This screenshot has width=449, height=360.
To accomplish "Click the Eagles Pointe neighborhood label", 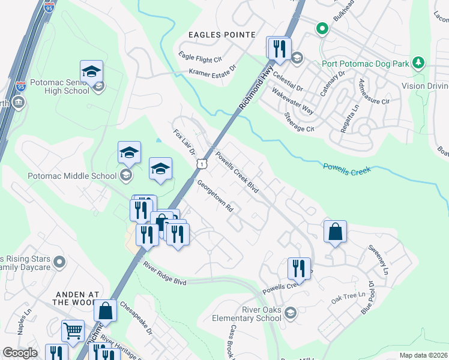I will (x=222, y=35).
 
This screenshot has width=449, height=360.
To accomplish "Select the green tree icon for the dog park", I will (x=419, y=63).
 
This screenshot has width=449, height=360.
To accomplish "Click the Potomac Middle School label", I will (x=71, y=176).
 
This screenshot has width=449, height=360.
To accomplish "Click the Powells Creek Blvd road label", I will (x=237, y=172).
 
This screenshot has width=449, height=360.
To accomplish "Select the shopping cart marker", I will (x=73, y=331).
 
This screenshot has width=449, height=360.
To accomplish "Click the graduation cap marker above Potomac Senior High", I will (x=91, y=71).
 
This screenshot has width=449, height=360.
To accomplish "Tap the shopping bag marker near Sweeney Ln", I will (x=335, y=231).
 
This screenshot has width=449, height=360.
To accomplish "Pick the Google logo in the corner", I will (x=20, y=353).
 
